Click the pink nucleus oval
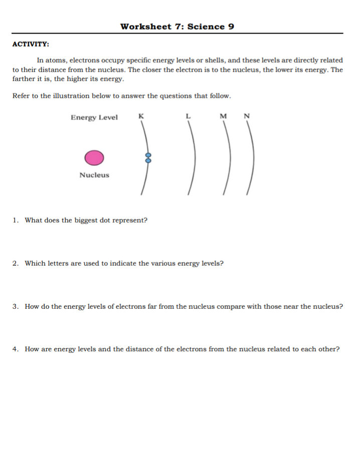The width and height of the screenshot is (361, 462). (x=94, y=158)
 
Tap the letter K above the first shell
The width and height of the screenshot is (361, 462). (x=141, y=116)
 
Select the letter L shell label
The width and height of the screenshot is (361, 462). (x=188, y=116)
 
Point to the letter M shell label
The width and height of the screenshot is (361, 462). (x=223, y=116)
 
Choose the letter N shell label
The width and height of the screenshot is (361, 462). (x=246, y=116)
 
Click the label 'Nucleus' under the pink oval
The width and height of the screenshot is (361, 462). (x=94, y=175)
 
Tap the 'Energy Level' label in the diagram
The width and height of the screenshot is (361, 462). (x=94, y=118)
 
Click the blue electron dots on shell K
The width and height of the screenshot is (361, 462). (x=148, y=158)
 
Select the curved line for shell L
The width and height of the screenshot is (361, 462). (x=194, y=158)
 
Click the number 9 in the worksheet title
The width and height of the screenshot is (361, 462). (x=231, y=27)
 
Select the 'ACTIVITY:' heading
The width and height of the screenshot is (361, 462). (x=31, y=45)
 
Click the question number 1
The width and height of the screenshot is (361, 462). (x=15, y=220)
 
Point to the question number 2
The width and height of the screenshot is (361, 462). (x=15, y=263)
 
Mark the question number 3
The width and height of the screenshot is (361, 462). (x=15, y=306)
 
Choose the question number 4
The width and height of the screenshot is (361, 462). (x=15, y=349)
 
